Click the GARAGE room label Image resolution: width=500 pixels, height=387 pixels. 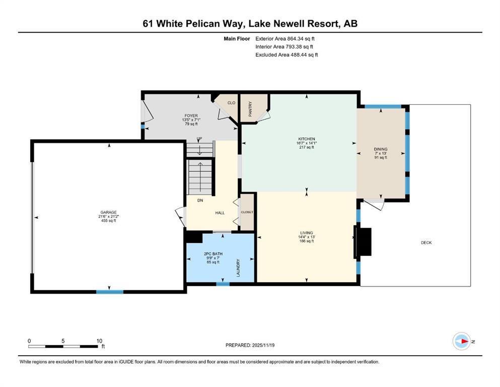(x=108, y=212)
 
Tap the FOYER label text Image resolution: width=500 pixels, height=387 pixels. (x=191, y=115)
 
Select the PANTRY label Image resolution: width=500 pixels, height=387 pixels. (x=250, y=109)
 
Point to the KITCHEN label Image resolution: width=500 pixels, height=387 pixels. (x=307, y=139)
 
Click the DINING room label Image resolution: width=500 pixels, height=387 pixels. (x=381, y=149)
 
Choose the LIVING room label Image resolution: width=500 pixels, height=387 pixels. (x=307, y=233)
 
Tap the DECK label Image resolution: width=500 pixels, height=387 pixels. (x=426, y=243)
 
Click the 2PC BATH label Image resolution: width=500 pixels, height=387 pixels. (x=213, y=254)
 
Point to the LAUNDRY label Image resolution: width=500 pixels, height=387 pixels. (x=238, y=268)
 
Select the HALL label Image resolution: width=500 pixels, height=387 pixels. (x=220, y=213)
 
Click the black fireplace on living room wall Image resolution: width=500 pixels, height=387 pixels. (x=363, y=242)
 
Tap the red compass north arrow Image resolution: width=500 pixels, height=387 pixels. (x=464, y=341)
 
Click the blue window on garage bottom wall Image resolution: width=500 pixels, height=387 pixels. (x=110, y=292)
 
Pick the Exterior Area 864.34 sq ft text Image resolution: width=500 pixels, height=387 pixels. (x=285, y=39)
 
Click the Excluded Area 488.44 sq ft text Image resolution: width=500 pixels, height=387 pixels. (x=287, y=54)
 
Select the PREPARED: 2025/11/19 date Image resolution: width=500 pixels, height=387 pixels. (x=250, y=345)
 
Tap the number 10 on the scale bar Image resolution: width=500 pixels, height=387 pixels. (x=99, y=341)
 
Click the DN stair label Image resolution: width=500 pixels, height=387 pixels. (x=200, y=201)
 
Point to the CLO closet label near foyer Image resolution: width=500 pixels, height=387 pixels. (x=231, y=103)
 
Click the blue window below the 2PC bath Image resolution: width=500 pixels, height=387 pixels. (x=223, y=284)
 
